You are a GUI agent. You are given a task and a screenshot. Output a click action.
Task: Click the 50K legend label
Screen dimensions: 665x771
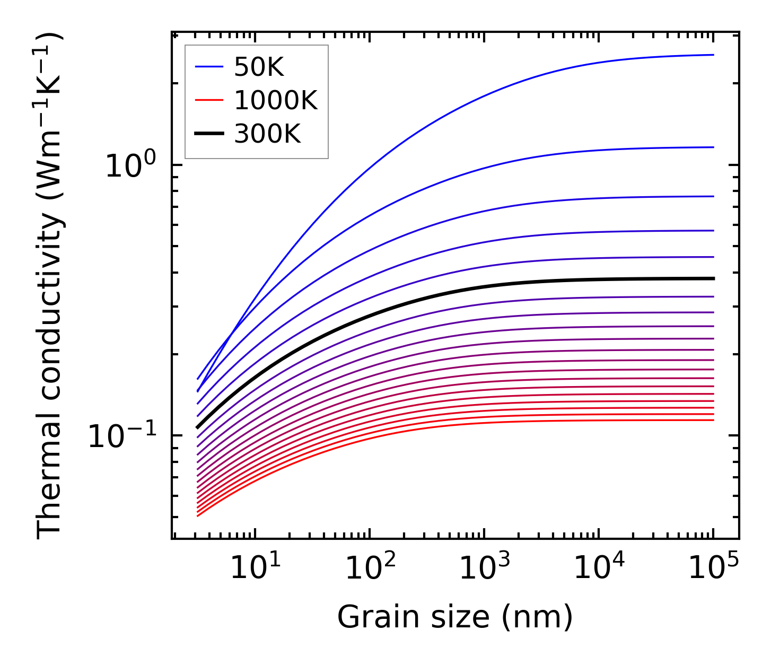tap(259, 67)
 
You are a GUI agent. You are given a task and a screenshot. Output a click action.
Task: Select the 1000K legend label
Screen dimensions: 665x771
tap(276, 101)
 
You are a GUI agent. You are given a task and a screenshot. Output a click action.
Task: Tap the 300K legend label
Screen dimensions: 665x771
tap(267, 134)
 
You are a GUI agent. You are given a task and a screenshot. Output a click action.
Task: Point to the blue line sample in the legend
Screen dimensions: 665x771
tap(209, 67)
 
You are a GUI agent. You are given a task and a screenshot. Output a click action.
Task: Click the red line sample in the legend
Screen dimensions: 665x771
tap(209, 100)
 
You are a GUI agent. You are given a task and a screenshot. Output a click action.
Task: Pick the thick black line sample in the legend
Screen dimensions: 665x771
tap(209, 134)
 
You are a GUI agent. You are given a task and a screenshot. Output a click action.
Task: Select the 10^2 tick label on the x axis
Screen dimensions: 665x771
tap(370, 568)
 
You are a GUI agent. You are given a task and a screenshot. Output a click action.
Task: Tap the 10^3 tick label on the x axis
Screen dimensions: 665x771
tap(484, 568)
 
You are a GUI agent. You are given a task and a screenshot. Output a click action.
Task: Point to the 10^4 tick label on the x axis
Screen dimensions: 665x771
tap(599, 568)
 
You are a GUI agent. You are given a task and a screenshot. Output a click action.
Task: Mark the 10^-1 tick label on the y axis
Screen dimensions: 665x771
tap(122, 436)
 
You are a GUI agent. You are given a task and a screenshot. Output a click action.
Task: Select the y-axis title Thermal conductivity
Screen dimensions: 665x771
tap(50, 286)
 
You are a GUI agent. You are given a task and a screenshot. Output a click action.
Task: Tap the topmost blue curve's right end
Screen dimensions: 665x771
tap(713, 55)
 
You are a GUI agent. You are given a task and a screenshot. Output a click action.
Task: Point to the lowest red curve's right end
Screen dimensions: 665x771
tap(713, 420)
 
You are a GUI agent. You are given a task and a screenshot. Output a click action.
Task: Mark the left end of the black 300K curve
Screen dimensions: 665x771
tap(197, 427)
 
